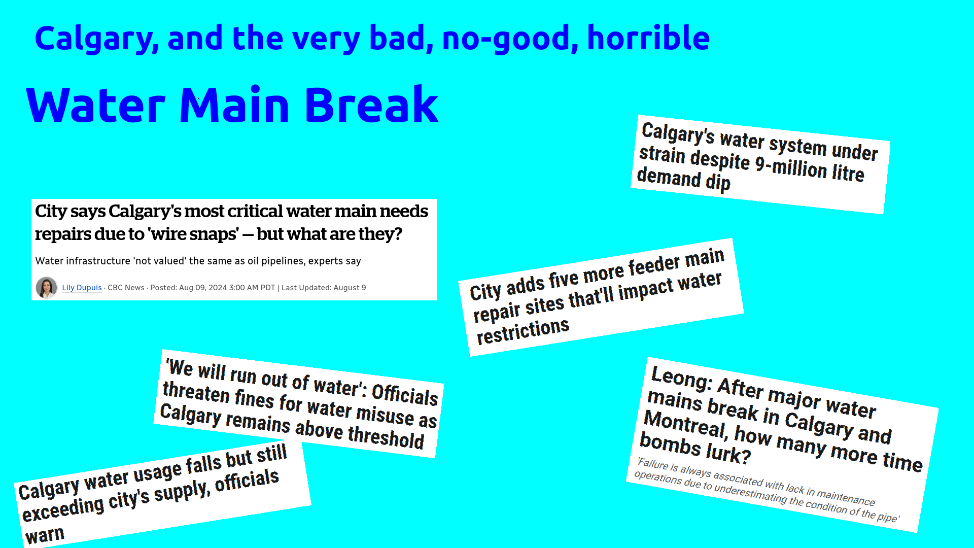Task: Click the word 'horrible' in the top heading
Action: (648, 38)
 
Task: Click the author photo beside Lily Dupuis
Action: (47, 288)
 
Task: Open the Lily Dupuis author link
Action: (82, 288)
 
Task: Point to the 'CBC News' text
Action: (126, 288)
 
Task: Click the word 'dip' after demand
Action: (718, 182)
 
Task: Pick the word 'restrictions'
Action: (523, 331)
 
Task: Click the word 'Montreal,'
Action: (685, 425)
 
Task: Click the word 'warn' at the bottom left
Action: (45, 535)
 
